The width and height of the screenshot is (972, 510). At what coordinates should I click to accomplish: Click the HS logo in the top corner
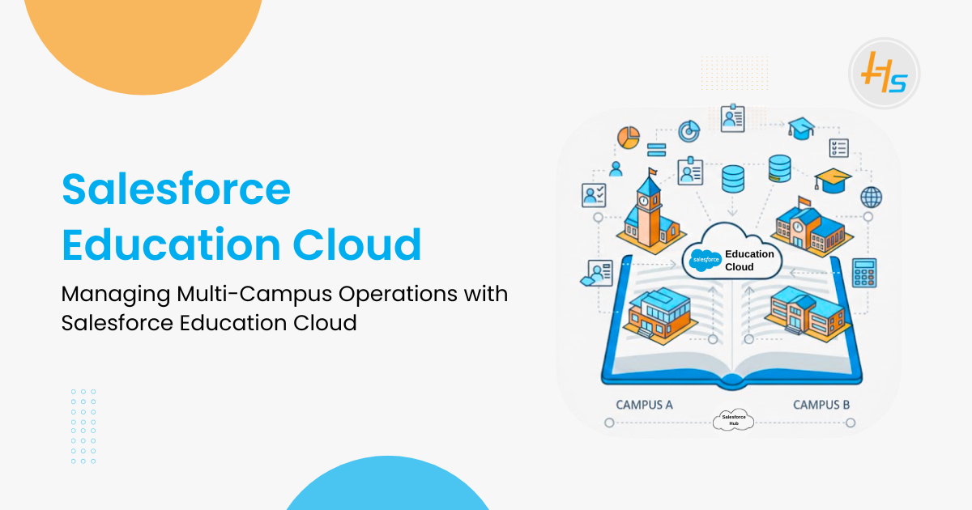884,74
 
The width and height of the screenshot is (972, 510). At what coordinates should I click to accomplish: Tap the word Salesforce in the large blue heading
176,189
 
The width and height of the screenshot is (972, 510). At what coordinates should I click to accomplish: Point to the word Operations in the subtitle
399,294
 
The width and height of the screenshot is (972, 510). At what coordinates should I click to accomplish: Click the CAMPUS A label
644,405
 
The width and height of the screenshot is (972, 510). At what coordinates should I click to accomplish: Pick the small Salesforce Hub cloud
733,419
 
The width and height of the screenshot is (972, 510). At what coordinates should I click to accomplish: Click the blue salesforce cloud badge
705,260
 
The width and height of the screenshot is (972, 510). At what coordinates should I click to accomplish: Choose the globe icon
871,196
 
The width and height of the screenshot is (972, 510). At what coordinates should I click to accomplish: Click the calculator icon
865,272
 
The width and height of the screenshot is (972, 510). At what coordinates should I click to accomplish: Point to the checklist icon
838,147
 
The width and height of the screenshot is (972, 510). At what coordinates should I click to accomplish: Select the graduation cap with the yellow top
833,179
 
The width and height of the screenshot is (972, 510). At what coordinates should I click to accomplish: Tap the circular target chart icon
688,130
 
